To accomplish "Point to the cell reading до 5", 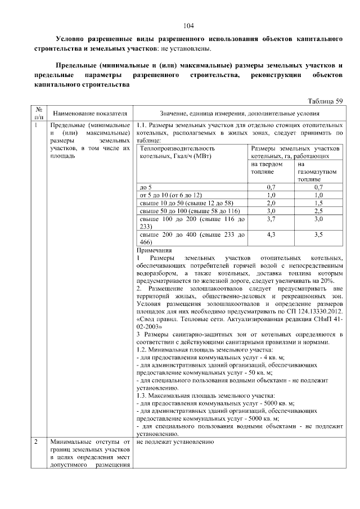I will (145, 186).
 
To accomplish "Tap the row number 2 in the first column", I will (35, 442).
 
